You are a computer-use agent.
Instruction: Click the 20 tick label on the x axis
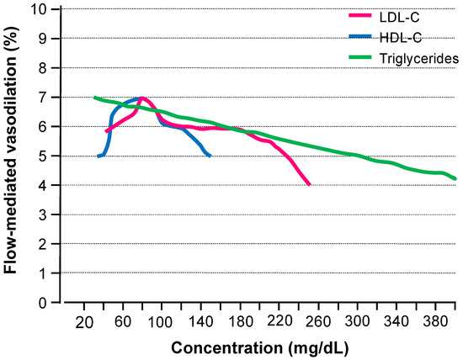coord(83,323)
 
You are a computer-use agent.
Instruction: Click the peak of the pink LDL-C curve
coord(141,98)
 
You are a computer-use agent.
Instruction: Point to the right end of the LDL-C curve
coord(310,185)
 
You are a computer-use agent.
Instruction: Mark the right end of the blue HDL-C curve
coord(210,156)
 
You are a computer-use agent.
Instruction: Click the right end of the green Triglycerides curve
coord(455,179)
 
